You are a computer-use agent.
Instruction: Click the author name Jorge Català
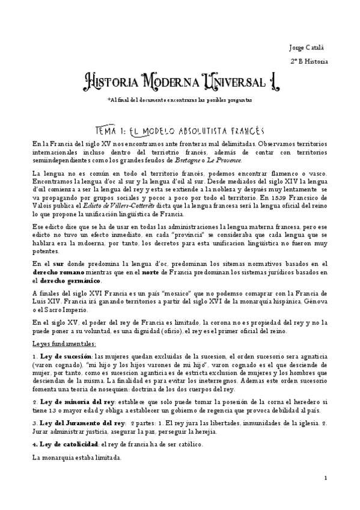pyautogui.click(x=306, y=46)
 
